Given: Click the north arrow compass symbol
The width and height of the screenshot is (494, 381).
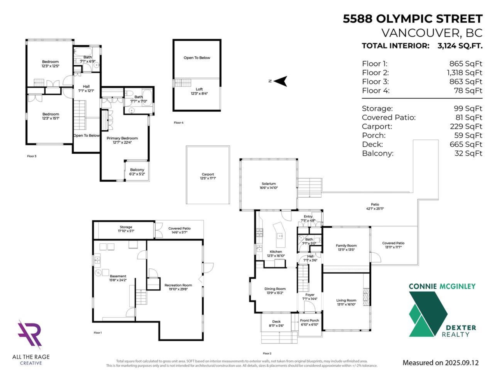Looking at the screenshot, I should pos(281,81).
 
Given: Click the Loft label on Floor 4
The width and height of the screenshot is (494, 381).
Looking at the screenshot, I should pos(197,92).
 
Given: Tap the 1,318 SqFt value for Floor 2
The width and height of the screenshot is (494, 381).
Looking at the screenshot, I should pos(465,73).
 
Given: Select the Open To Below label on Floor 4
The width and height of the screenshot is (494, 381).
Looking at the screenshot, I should pos(197,58).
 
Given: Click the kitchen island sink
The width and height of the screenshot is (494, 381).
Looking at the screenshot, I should pos(280,236).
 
